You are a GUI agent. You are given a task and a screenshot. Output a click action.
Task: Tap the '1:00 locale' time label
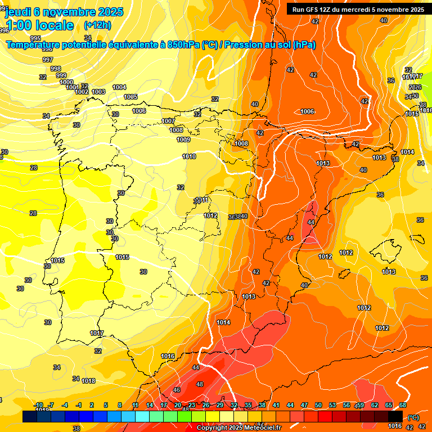[39, 25]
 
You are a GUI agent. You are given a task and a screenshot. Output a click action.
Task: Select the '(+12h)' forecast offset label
[97, 25]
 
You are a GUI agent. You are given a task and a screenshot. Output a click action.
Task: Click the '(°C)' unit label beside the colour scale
[413, 417]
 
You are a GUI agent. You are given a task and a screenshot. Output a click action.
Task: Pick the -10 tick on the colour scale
[39, 405]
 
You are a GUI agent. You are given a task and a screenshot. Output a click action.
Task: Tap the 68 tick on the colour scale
[403, 405]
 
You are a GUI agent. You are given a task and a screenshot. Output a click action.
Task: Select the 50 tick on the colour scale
[318, 405]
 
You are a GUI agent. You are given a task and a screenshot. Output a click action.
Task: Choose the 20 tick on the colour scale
[178, 405]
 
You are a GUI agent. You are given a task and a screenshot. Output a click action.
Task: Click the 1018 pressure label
[88, 381]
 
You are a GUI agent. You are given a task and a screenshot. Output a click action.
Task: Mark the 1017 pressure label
[97, 333]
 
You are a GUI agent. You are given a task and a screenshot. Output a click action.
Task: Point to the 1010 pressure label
[189, 156]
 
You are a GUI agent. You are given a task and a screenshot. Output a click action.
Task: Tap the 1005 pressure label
[130, 97]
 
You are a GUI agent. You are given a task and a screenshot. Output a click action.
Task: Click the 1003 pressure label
[98, 92]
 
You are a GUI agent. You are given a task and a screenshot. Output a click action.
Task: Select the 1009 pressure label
[183, 139]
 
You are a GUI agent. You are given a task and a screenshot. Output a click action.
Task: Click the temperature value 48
[199, 384]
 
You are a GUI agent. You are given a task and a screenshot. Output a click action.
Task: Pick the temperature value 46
[177, 389]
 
